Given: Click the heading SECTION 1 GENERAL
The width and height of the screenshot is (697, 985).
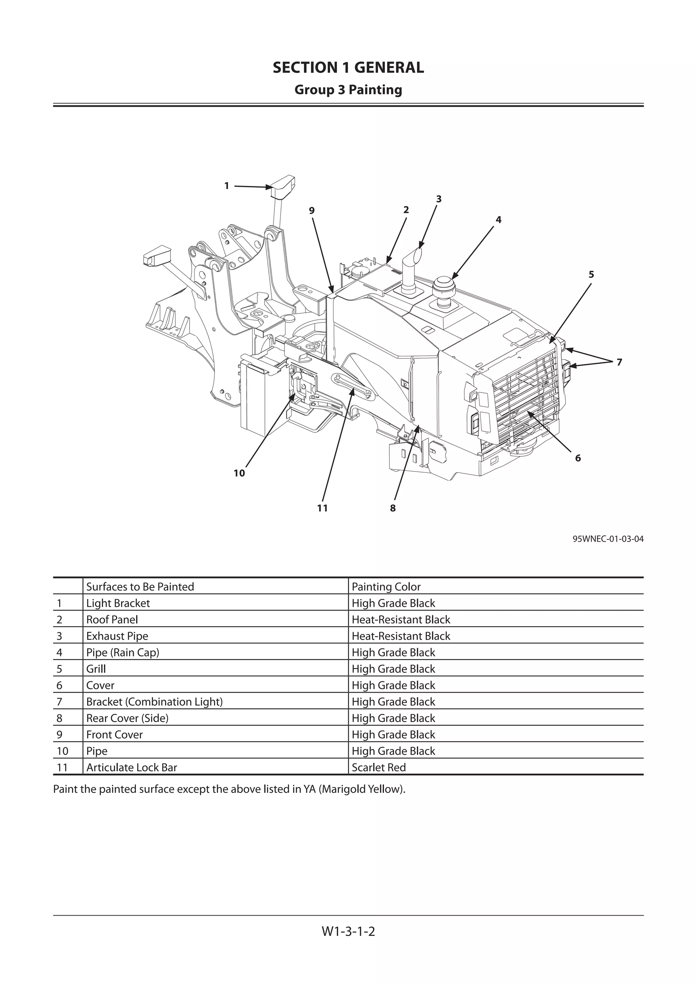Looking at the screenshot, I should (x=348, y=67).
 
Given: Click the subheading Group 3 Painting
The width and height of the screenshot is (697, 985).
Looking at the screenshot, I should (x=348, y=90).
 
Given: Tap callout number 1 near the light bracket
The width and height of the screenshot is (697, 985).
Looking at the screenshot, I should (x=227, y=186).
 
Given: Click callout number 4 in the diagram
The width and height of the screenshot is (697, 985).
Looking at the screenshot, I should (x=498, y=220).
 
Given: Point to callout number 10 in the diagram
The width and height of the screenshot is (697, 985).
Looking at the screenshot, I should (x=239, y=473).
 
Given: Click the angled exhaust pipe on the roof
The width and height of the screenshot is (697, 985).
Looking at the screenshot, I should (x=411, y=266).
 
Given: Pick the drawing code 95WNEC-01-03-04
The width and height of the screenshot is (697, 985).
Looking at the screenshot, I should (x=608, y=539).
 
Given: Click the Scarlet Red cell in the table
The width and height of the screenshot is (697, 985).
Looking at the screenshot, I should (x=378, y=768).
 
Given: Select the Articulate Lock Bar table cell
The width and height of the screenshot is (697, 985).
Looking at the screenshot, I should (x=131, y=768).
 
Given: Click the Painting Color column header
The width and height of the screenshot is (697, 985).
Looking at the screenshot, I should (x=386, y=586).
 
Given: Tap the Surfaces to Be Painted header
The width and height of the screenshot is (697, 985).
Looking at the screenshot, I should (x=140, y=586).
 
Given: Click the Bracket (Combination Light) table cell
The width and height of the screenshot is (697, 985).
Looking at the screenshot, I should (x=155, y=702).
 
